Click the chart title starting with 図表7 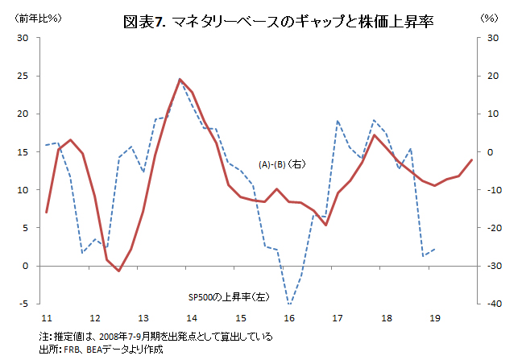pos(278,22)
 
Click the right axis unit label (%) pos(489,18)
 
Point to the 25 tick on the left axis pos(23,77)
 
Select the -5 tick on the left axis pos(24,304)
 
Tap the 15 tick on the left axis pos(23,152)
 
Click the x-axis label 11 pos(47,317)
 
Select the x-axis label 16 pos(289,317)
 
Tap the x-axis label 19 pos(435,317)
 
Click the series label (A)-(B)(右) pos(281,164)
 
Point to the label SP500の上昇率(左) pos(228,296)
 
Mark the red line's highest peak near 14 pos(180,79)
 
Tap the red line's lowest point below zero pos(118,271)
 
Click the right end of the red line pos(471,160)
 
